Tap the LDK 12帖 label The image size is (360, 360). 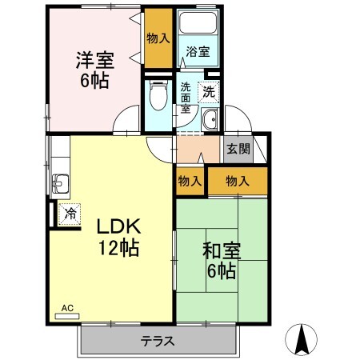coord(118,237)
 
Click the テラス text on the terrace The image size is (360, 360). coord(158,341)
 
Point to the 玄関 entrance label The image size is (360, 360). coord(238,149)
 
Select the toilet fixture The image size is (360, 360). coord(158,98)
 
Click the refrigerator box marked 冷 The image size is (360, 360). coord(69,214)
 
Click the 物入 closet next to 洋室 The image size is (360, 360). coord(158,38)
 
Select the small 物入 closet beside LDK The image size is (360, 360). coord(190,182)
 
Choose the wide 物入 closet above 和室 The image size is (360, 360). coord(237,182)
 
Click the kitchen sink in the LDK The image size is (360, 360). coord(59,184)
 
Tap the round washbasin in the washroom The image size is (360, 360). coord(210,120)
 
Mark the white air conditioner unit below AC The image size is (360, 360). coord(67,316)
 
